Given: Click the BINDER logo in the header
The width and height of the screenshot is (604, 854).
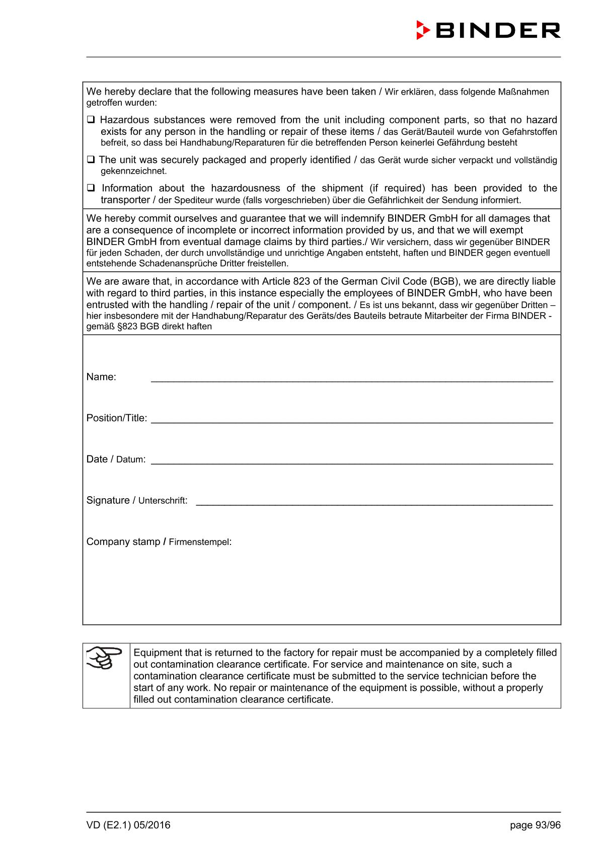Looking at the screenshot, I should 488,30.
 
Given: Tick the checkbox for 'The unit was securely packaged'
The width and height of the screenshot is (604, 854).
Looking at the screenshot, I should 91,160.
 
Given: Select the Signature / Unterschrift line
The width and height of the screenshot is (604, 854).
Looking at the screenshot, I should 373,501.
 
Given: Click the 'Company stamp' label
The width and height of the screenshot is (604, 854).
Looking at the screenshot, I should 123,541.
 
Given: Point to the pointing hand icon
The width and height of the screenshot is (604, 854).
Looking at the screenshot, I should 105,658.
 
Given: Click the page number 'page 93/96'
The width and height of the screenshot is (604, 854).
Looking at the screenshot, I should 535,825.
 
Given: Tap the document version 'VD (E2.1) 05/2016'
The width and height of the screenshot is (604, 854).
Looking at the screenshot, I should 128,825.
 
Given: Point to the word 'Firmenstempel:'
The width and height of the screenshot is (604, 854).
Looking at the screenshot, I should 200,542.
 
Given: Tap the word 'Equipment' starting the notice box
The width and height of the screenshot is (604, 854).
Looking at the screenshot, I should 158,653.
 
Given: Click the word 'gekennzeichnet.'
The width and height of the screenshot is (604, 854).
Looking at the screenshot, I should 133,171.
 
